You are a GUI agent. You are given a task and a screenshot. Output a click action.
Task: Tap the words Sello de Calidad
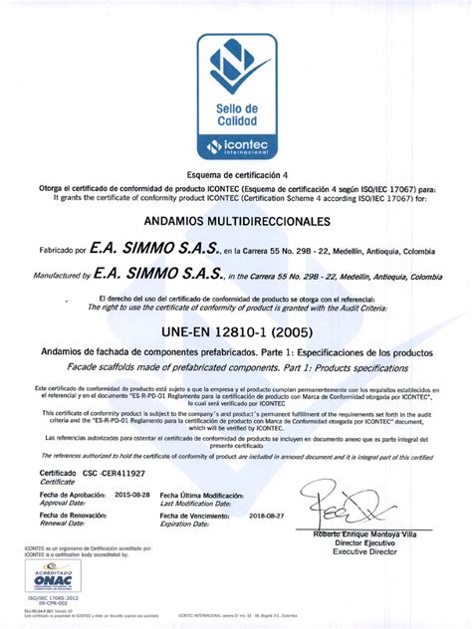[x=236, y=114]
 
